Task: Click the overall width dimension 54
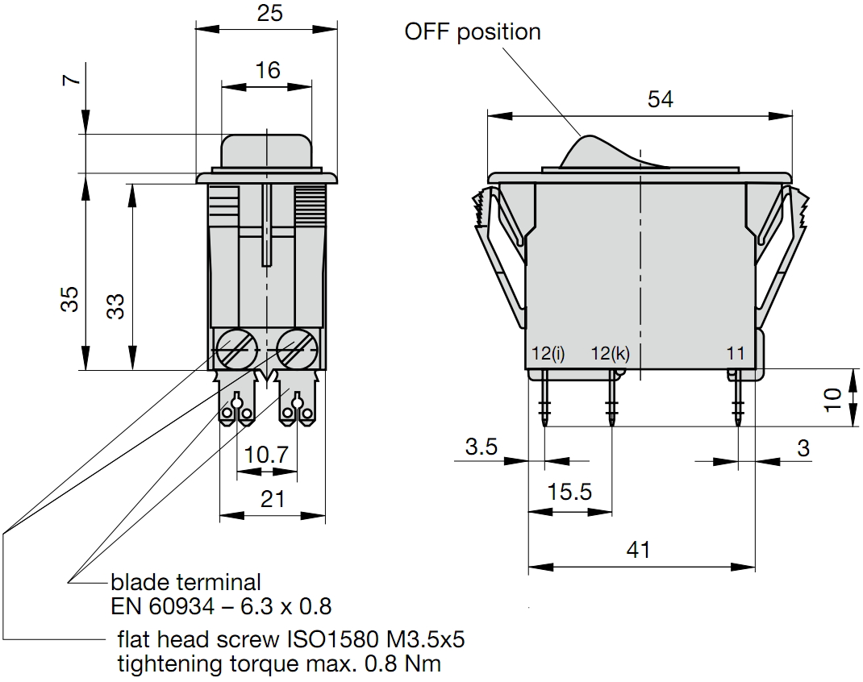point(660,99)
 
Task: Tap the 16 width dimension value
point(268,70)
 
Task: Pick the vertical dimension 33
point(117,305)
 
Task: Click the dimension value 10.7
point(266,455)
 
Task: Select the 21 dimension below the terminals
point(273,499)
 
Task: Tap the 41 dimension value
point(638,550)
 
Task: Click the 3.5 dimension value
point(482,447)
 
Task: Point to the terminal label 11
point(735,353)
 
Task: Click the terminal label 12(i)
point(548,353)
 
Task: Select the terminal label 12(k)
point(610,353)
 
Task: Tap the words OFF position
point(473,32)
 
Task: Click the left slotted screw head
point(236,348)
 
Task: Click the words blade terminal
point(186,581)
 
